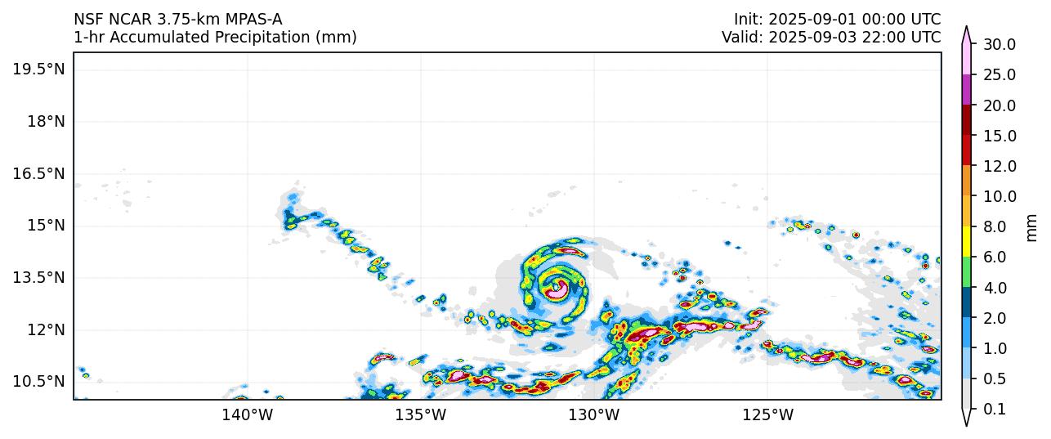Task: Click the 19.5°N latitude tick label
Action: click(38, 69)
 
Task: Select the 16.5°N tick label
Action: click(38, 173)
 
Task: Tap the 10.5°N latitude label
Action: click(38, 382)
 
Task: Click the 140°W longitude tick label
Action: click(247, 415)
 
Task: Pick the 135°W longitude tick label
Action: click(420, 415)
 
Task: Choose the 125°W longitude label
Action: click(767, 415)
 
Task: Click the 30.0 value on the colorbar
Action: click(1000, 44)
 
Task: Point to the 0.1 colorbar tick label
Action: click(994, 410)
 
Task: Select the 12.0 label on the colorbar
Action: click(1000, 166)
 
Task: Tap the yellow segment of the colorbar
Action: click(967, 241)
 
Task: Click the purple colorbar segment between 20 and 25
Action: click(967, 89)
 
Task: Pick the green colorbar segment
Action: click(967, 271)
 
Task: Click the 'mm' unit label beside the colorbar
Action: click(1033, 226)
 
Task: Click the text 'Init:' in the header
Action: click(748, 19)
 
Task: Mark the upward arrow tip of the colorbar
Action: click(967, 28)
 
